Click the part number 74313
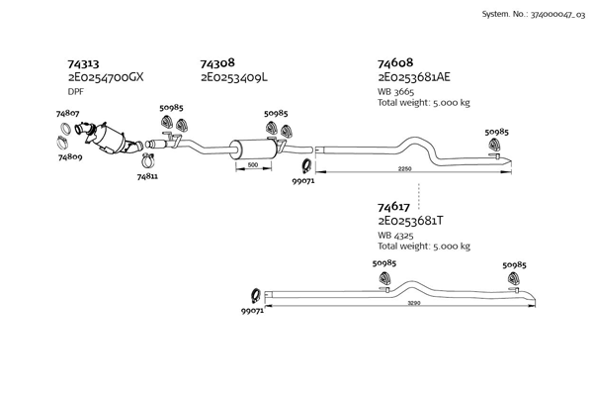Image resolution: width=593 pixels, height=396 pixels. tap(82, 61)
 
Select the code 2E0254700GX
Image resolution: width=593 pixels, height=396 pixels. tap(106, 76)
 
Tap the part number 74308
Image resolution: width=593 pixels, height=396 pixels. tap(216, 61)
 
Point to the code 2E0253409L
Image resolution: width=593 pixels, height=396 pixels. tap(235, 76)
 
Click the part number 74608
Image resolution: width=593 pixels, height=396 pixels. tap(394, 61)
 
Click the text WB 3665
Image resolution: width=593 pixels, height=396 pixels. tap(398, 92)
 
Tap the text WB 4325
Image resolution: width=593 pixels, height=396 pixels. tap(397, 236)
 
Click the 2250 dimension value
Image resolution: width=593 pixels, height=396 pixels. tap(404, 169)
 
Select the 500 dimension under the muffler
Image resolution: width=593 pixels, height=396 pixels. tap(252, 164)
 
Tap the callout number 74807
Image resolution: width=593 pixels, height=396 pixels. tap(68, 114)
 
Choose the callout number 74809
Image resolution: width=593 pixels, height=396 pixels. tap(69, 157)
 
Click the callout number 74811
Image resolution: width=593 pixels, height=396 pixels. tap(147, 176)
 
